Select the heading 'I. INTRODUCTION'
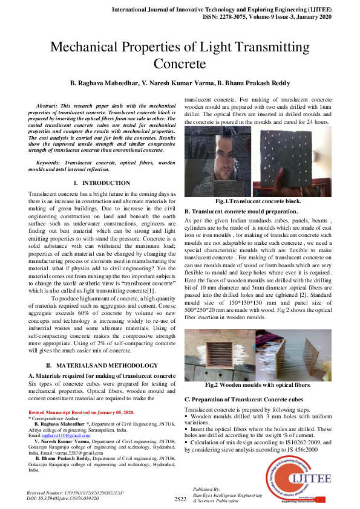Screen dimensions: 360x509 (x=101, y=183)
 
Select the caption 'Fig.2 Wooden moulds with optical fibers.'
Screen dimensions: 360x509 (x=258, y=384)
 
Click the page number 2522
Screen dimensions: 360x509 (x=180, y=499)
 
